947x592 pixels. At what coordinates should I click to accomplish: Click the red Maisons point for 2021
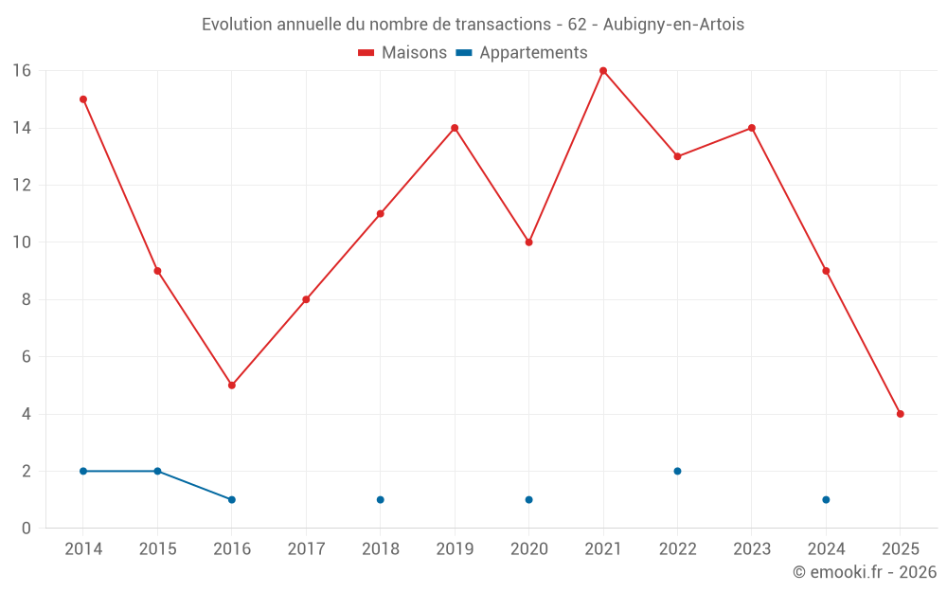coord(603,71)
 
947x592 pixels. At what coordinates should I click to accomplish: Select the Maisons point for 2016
coord(232,386)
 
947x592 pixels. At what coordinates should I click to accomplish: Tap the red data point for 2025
coord(900,414)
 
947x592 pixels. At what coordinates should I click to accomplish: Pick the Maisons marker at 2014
coord(83,99)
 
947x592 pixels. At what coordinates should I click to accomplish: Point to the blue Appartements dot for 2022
coord(677,471)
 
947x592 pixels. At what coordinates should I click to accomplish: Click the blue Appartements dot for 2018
coord(381,499)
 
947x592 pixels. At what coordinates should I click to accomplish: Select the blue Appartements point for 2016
coord(232,499)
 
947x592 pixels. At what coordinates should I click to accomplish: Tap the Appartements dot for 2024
coord(826,499)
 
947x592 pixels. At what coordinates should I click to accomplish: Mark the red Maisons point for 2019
coord(455,128)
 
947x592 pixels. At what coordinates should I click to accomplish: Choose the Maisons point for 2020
coord(528,242)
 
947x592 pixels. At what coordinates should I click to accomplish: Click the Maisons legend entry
coord(402,53)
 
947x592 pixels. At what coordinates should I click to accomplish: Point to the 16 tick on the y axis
coord(21,71)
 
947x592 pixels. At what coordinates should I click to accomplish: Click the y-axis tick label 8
coord(27,299)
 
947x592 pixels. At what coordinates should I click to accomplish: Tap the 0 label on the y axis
coord(27,528)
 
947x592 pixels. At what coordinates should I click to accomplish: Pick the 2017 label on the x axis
coord(306,549)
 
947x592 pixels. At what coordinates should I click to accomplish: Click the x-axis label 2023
coord(751,549)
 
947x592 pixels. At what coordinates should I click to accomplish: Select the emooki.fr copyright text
coord(864,572)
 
